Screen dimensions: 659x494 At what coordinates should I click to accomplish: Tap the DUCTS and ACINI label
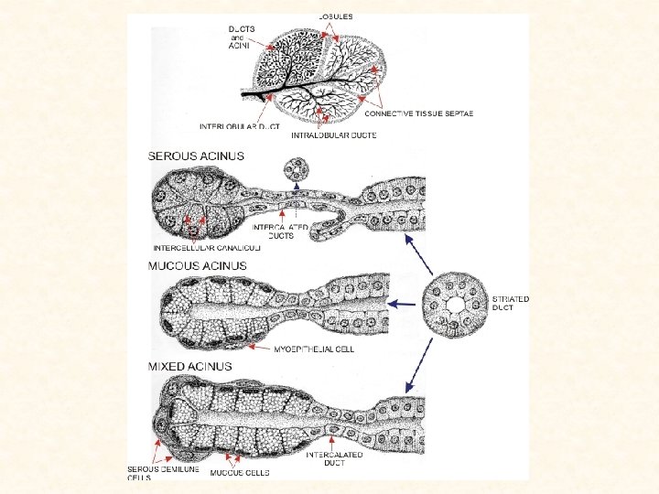tap(242, 38)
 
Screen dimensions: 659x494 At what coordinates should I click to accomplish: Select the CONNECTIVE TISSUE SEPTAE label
tap(419, 114)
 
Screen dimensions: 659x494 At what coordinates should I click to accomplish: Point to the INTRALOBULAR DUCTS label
tap(333, 135)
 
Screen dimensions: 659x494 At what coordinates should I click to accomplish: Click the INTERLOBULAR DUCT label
tap(240, 125)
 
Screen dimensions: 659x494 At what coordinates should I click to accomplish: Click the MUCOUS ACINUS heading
tap(199, 265)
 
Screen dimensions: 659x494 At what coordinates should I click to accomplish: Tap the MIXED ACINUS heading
tap(190, 366)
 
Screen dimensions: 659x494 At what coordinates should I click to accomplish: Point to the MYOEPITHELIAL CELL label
tap(314, 349)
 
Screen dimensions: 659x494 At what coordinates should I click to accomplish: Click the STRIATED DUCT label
tap(510, 304)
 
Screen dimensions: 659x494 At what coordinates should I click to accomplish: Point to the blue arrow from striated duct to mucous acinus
tap(404, 303)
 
